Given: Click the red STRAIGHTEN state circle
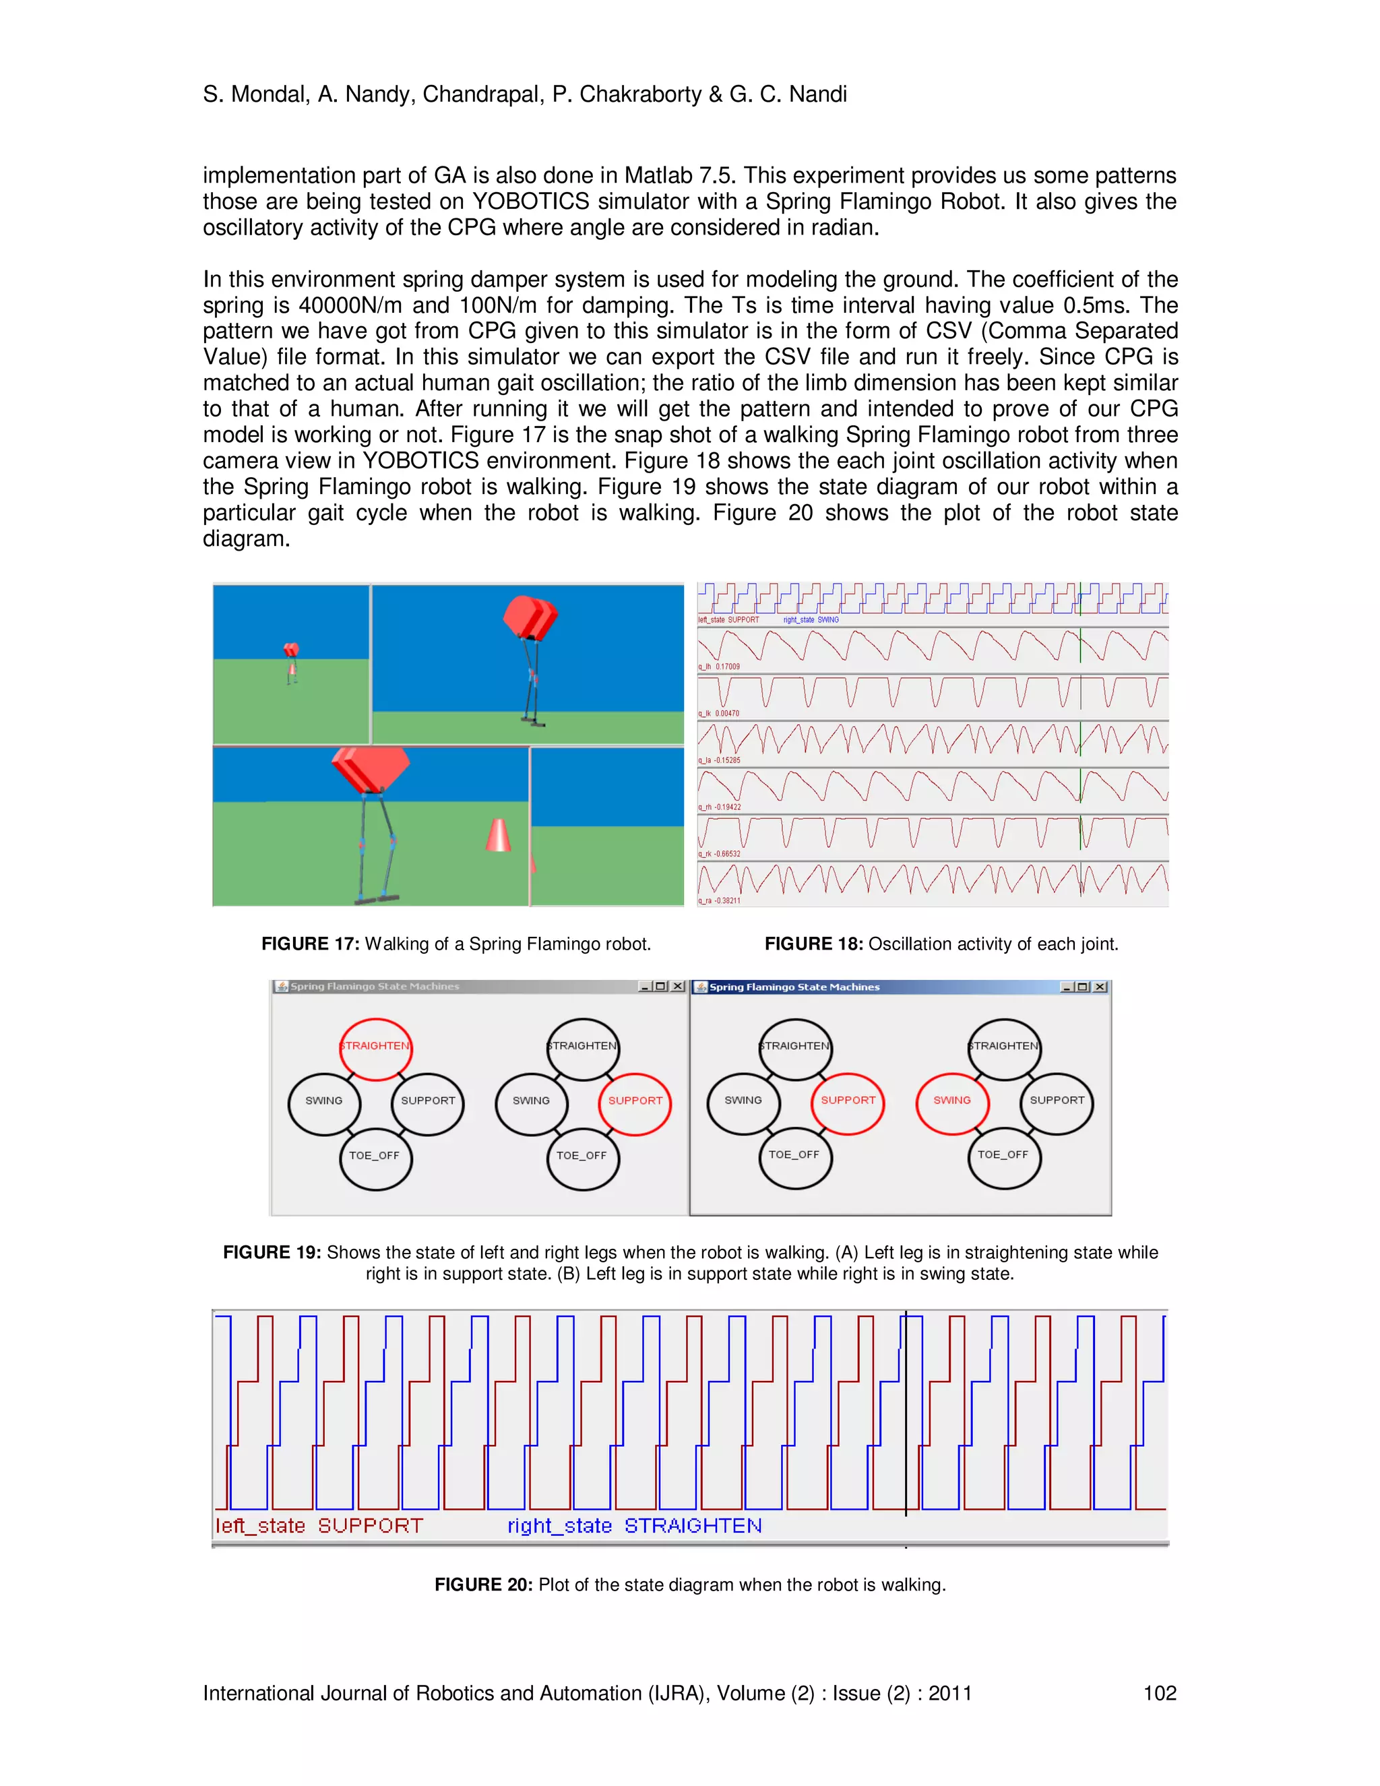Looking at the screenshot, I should coord(375,1047).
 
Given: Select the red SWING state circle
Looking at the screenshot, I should coord(952,1101).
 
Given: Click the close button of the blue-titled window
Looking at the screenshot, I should coord(1100,987).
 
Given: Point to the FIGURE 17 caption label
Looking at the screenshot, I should coord(310,944).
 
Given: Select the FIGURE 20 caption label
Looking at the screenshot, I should coord(483,1585).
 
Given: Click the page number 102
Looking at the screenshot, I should coord(1159,1693).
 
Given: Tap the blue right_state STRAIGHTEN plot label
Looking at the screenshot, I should coord(634,1526).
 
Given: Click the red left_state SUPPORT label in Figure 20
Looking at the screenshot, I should coord(319,1526).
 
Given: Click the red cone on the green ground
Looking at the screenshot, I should coord(498,835).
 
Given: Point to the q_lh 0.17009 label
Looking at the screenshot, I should coord(718,667).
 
